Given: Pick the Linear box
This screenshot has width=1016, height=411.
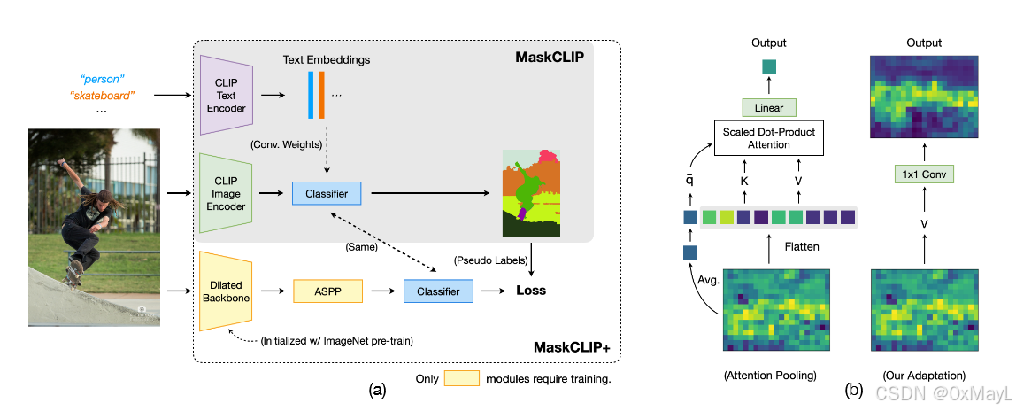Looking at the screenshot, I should click(x=769, y=106).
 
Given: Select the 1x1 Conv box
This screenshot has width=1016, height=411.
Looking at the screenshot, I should click(x=924, y=174).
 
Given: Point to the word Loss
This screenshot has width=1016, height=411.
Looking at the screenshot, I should click(x=532, y=291).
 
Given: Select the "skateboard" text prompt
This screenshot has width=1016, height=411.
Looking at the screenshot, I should click(x=102, y=95).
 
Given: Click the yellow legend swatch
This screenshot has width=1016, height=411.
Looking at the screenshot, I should click(x=460, y=379).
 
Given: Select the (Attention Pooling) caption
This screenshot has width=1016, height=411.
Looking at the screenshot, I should click(x=770, y=375).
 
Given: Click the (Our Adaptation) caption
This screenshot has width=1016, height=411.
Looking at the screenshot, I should click(x=923, y=375).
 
